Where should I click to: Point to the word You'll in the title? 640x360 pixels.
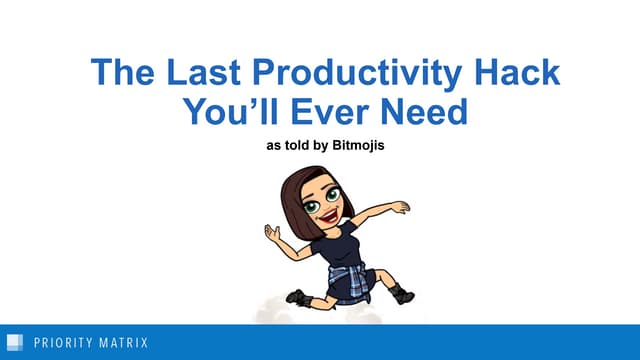coord(231,112)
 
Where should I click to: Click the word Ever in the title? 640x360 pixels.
coord(334,112)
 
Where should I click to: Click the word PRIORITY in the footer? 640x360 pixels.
coord(62,343)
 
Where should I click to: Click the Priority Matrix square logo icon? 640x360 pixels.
coord(15,343)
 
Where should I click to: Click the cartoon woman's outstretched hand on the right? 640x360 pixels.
coord(401,207)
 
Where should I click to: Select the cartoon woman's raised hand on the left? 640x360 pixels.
coord(272,232)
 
